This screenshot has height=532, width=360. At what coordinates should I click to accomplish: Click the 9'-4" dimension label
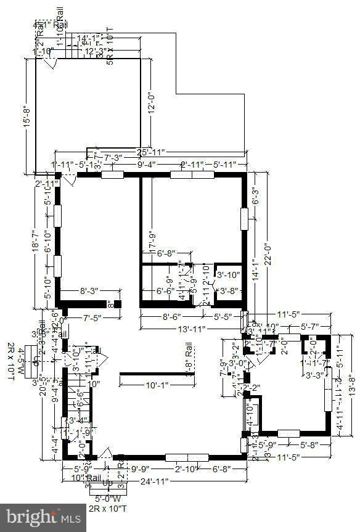[x=147, y=165]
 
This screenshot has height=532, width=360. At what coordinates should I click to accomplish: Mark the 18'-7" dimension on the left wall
[x=35, y=239]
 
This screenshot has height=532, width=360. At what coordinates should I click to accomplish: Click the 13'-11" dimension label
[x=190, y=330]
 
